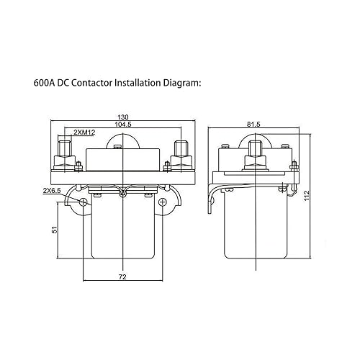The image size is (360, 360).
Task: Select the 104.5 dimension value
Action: click(x=123, y=125)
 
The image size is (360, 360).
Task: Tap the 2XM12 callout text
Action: click(x=86, y=135)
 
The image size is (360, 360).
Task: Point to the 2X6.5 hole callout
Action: click(x=51, y=190)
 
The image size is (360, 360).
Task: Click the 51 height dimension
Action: click(x=53, y=230)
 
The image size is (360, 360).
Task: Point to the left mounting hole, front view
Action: click(x=84, y=201)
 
